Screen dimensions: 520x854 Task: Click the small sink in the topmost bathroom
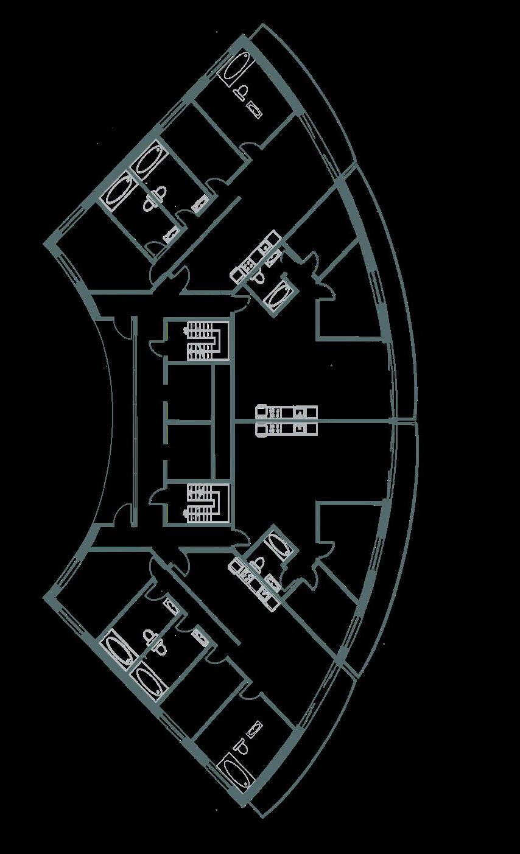click(255, 110)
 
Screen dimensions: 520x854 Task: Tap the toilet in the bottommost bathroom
click(242, 748)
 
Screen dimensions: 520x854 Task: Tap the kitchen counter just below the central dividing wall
click(287, 430)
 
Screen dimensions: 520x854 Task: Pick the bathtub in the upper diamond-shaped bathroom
click(278, 296)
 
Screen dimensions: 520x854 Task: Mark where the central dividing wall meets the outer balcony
click(396, 421)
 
